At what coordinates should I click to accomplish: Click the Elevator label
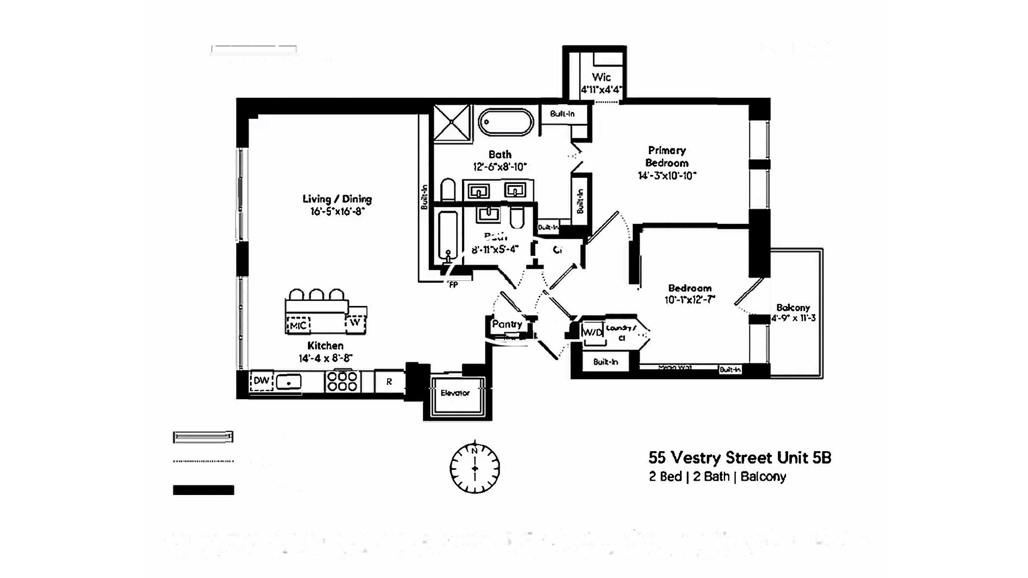click(x=455, y=393)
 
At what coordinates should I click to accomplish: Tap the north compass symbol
click(x=474, y=468)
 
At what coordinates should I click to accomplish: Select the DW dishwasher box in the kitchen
click(x=261, y=381)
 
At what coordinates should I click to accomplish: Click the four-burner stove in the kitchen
click(x=342, y=382)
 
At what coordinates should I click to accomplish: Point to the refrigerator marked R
click(x=389, y=382)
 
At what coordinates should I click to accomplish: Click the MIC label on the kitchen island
click(x=298, y=325)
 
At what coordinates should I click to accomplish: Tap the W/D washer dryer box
click(x=592, y=332)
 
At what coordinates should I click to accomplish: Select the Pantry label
click(x=507, y=324)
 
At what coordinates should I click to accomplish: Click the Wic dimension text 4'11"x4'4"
click(x=601, y=90)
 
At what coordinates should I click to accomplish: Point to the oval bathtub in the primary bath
click(x=506, y=123)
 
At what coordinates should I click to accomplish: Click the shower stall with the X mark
click(x=452, y=122)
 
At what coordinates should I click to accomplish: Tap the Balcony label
click(x=793, y=308)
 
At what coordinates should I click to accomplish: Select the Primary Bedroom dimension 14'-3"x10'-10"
click(x=667, y=176)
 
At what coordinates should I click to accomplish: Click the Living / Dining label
click(x=337, y=199)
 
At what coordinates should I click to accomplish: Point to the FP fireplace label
click(x=453, y=285)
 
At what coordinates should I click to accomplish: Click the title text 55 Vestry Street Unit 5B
click(x=739, y=458)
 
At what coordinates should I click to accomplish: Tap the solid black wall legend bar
click(x=203, y=490)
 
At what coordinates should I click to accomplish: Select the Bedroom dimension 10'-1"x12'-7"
click(x=690, y=300)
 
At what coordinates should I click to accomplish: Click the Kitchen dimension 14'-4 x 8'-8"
click(x=325, y=359)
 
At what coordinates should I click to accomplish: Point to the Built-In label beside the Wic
click(x=562, y=114)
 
